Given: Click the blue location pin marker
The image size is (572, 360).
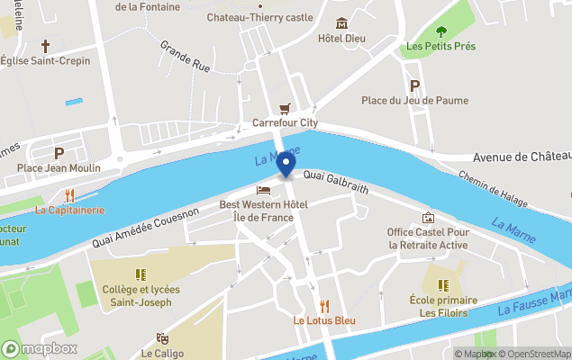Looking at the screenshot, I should [x=286, y=165].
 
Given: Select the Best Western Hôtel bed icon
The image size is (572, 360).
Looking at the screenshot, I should [x=263, y=190].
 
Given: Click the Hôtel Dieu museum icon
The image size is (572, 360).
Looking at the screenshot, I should [x=341, y=23].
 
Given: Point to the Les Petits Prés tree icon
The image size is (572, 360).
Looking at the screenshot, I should [x=440, y=31].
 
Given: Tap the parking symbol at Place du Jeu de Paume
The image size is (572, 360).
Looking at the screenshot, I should [x=415, y=85].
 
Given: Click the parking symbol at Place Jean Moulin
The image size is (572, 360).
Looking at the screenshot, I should [x=59, y=153].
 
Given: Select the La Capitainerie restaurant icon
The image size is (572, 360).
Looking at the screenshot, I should [x=69, y=195].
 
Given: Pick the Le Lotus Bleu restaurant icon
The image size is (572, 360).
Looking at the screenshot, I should [x=324, y=306].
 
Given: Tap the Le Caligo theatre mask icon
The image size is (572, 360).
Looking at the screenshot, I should [x=162, y=338].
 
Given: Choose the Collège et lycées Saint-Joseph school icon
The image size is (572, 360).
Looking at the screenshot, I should [x=140, y=274].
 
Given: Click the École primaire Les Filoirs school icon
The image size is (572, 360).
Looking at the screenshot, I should [x=442, y=284].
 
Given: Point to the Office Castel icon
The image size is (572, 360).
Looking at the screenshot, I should [x=428, y=218].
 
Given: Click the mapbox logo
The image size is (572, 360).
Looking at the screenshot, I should [x=40, y=348].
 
